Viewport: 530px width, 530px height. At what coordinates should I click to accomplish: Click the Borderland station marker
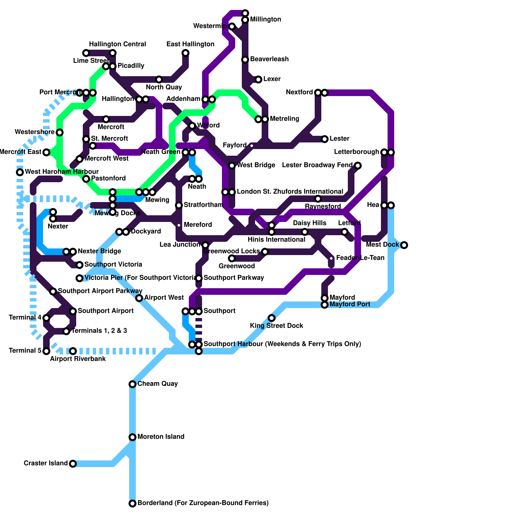click(132, 503)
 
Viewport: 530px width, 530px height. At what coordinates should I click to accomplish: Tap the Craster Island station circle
click(73, 464)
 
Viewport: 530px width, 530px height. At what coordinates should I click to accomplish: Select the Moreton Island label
click(161, 437)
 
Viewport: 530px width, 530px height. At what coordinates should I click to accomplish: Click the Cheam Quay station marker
click(132, 384)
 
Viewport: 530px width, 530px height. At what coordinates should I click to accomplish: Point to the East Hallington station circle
click(185, 53)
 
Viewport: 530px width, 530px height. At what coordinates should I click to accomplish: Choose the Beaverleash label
click(269, 59)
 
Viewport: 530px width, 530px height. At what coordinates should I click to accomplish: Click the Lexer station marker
click(258, 79)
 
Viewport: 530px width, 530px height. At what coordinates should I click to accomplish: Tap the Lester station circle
click(325, 139)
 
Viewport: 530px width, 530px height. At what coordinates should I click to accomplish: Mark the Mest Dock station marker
click(404, 245)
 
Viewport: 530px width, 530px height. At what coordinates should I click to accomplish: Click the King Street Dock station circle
click(272, 318)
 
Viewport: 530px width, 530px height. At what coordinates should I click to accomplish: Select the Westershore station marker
click(60, 132)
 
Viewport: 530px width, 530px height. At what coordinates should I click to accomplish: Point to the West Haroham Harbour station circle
click(20, 172)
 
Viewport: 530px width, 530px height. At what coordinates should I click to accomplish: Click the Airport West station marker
click(139, 298)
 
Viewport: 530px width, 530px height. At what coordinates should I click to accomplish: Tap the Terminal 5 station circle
click(46, 351)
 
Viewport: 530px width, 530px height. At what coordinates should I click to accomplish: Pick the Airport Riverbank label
click(78, 359)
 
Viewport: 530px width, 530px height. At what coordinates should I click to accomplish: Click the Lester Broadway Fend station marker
click(358, 166)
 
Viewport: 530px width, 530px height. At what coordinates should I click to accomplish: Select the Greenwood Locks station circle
click(265, 252)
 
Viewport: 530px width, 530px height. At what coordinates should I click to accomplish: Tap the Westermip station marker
click(232, 26)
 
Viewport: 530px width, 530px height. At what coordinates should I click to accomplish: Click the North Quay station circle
click(159, 79)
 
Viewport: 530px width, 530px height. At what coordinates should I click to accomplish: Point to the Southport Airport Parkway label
click(100, 291)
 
